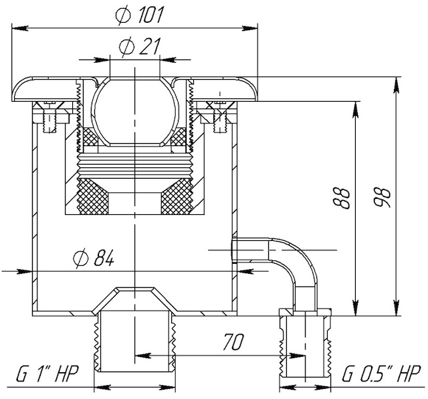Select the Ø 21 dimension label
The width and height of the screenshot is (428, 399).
click(x=139, y=46)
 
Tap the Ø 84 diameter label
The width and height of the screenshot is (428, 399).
click(x=94, y=258)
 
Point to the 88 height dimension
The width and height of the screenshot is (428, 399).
click(x=342, y=198)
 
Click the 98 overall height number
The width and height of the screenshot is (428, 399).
click(x=383, y=197)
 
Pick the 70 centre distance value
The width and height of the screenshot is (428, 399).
click(x=233, y=341)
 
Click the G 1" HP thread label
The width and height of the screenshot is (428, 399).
click(x=47, y=374)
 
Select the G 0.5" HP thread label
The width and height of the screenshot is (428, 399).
click(x=381, y=374)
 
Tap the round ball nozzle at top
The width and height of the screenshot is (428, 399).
click(x=134, y=111)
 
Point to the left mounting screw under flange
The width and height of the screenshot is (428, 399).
click(x=50, y=116)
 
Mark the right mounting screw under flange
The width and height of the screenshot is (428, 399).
click(x=220, y=116)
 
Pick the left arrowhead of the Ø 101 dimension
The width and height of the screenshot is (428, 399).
click(x=20, y=27)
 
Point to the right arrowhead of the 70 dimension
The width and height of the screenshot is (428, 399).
click(x=296, y=355)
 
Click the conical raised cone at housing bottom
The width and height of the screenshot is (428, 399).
click(x=134, y=299)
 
